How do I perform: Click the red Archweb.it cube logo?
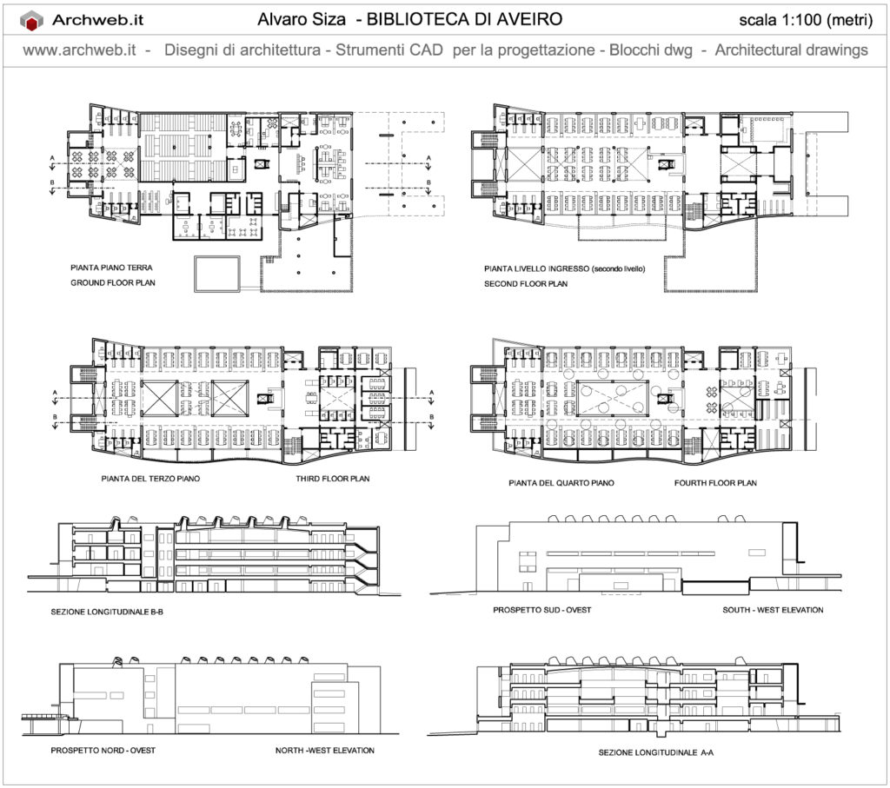32,21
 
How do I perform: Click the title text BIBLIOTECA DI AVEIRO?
464,19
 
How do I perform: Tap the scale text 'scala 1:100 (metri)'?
806,21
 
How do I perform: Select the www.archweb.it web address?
79,50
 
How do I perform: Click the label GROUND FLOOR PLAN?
113,282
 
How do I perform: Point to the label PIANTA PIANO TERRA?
111,268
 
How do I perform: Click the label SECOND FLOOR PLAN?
526,283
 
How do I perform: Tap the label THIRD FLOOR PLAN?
333,479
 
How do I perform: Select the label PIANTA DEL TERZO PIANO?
150,479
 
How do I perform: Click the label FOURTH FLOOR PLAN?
715,483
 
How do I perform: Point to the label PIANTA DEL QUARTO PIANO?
561,483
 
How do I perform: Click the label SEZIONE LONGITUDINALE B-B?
107,613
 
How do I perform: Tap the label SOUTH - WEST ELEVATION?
773,610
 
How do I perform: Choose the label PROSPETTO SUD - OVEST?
542,610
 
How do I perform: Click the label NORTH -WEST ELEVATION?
325,751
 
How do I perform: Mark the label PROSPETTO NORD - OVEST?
103,751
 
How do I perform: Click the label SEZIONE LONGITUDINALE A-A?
655,753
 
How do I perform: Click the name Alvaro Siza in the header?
302,19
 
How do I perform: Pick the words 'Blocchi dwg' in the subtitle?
650,50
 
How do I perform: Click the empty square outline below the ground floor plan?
217,257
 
